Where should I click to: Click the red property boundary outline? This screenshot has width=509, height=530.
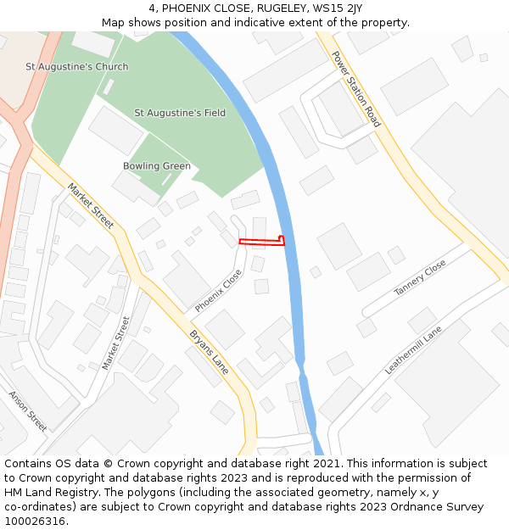(260, 242)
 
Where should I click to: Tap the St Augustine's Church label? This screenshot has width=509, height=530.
(77, 66)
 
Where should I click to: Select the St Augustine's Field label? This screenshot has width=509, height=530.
(180, 113)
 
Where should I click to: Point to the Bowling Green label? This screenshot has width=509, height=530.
(157, 166)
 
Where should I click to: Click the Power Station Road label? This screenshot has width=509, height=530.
(355, 90)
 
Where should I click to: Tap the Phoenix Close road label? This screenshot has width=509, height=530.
(219, 291)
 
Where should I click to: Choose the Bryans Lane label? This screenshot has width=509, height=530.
(210, 352)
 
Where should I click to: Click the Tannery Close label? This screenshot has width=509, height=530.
(419, 278)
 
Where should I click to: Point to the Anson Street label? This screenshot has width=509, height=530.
(28, 411)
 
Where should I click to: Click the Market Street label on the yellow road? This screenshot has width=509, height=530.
(90, 206)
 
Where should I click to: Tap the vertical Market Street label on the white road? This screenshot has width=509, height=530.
(116, 343)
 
